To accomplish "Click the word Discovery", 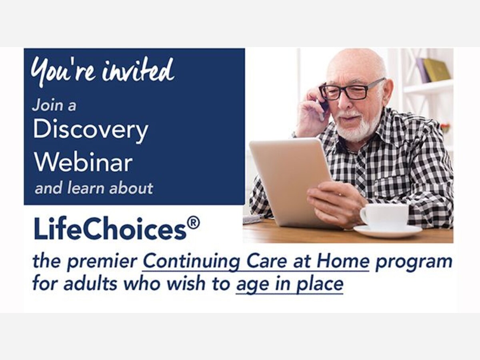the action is click(x=90, y=130).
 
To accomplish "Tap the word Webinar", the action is click(x=83, y=162).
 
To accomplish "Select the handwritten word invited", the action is click(x=138, y=70).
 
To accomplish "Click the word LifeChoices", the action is click(x=110, y=229).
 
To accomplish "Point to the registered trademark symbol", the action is click(x=194, y=224).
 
